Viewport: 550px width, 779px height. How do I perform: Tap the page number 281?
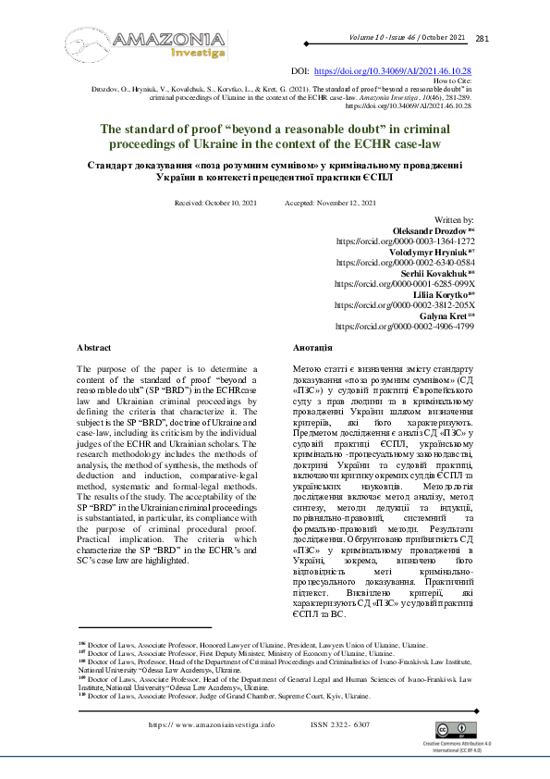tap(483, 39)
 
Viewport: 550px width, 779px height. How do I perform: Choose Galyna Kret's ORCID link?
tap(405, 327)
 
